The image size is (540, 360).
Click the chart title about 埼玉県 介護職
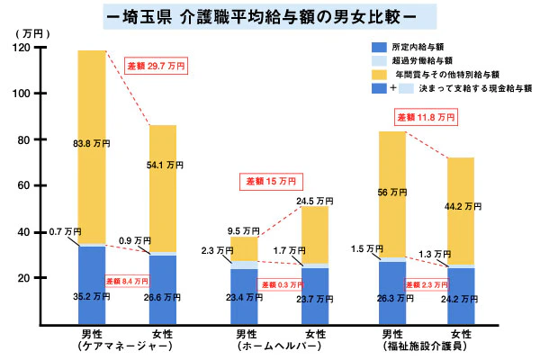[269, 16]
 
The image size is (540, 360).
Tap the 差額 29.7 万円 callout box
[155, 66]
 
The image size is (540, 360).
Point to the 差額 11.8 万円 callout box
[426, 117]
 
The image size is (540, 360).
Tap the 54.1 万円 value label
[164, 166]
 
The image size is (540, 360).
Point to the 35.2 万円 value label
[92, 296]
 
